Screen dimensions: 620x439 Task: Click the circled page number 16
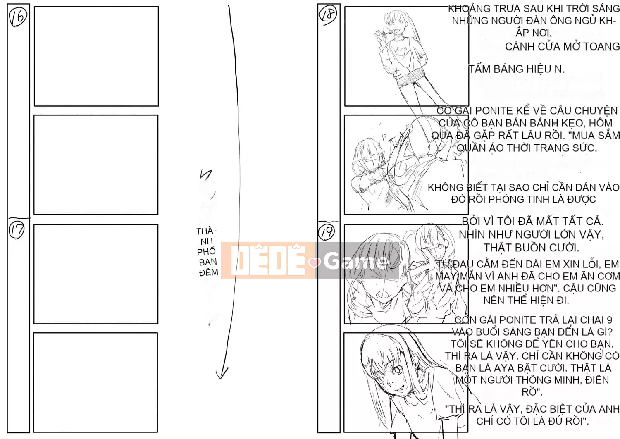point(18,17)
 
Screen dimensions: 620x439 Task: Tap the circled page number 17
point(17,230)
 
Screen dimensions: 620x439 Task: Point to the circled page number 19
point(327,231)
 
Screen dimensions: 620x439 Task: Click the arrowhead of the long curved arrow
point(222,374)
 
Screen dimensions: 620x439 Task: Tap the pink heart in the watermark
point(315,262)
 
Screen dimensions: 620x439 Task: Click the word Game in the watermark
point(355,261)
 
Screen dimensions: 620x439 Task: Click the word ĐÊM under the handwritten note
point(209,273)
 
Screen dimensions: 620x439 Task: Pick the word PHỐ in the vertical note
point(207,252)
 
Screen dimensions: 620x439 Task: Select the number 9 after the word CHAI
point(609,320)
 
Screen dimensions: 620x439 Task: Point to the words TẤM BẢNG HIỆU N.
point(517,69)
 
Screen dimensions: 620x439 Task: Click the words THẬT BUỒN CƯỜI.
point(531,248)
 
